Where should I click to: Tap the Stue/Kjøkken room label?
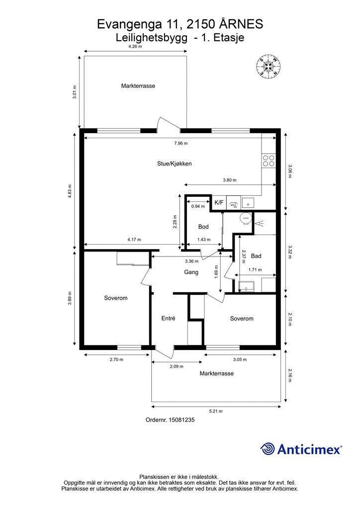tap(175, 164)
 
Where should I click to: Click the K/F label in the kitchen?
tap(219, 203)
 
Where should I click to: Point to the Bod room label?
tap(203, 227)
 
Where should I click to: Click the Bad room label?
tap(256, 256)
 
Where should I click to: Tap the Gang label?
tap(191, 272)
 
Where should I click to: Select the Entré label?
tap(168, 319)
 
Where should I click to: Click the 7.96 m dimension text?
tap(181, 143)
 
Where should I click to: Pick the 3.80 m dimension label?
tap(230, 180)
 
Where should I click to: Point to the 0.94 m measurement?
tap(198, 206)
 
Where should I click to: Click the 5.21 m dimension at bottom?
tap(216, 411)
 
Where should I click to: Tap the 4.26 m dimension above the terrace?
tap(135, 46)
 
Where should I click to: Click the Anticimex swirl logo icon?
tap(268, 449)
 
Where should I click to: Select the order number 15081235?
tap(181, 420)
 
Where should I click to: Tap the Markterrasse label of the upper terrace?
tap(138, 86)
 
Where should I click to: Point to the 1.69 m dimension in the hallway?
tap(216, 272)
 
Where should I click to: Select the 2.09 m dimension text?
tap(177, 366)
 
